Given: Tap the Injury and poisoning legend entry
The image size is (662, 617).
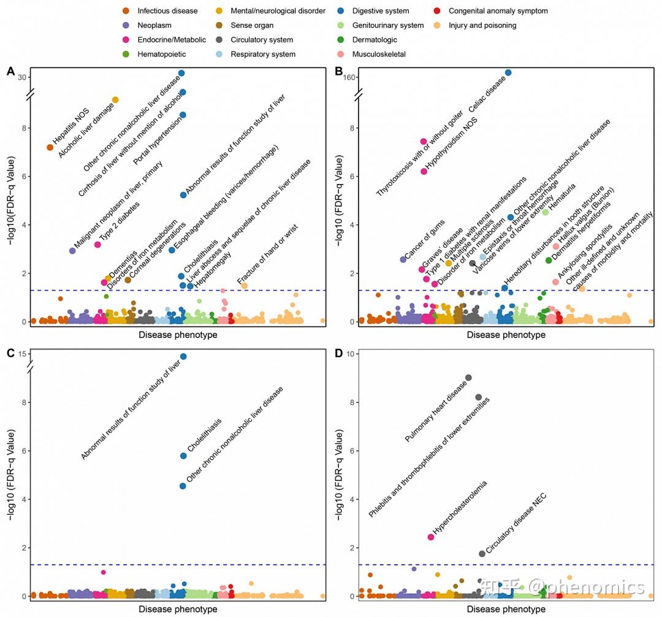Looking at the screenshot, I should [482, 25].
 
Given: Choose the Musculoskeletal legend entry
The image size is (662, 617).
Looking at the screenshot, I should [379, 54].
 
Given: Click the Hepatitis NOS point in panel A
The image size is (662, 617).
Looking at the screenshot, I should [50, 147].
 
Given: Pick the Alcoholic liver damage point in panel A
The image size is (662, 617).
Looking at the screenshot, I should [115, 100].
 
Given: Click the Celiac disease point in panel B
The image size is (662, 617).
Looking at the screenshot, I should [508, 72].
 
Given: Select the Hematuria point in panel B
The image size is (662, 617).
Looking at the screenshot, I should [546, 212].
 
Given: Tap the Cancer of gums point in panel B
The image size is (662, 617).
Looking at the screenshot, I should [403, 259].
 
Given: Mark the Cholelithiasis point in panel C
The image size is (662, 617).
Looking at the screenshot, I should [183, 456].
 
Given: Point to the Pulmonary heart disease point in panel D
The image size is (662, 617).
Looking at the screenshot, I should [468, 378].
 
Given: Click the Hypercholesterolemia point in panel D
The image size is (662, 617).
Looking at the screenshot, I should [431, 537].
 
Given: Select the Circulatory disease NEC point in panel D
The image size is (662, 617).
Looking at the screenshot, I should [482, 554].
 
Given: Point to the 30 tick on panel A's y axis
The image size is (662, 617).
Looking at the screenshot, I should [22, 77].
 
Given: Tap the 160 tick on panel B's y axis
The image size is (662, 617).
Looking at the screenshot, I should [350, 77].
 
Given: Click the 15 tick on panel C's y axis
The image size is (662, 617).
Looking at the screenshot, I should [23, 354].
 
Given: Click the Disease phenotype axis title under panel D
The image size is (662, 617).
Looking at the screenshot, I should [506, 609].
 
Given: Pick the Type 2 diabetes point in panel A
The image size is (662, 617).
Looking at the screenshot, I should [97, 245].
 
